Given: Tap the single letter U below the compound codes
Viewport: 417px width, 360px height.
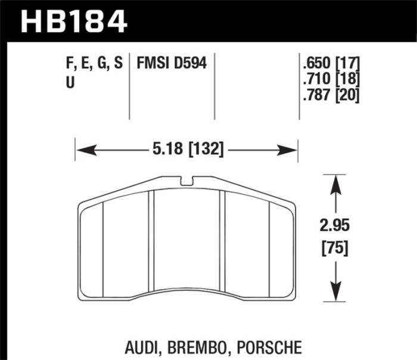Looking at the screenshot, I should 70,83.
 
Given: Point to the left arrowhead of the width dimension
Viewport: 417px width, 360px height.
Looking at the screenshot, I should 82,150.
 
